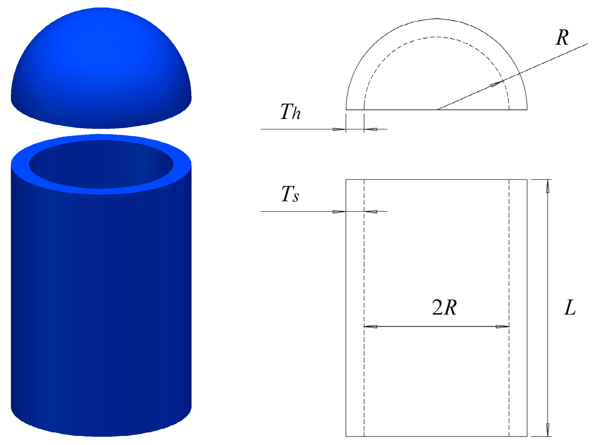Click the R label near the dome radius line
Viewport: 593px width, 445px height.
point(562,38)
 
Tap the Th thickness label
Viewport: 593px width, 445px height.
point(290,112)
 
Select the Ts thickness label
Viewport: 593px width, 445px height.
point(290,194)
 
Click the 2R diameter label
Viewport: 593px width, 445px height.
point(444,307)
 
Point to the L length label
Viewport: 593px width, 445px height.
point(570,308)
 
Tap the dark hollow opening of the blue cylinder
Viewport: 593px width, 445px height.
point(101,164)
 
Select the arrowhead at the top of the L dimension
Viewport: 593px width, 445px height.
point(548,186)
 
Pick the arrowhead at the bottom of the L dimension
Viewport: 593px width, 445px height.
point(548,430)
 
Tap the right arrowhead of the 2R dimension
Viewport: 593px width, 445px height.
point(502,327)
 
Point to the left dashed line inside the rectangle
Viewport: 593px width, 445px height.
point(364,277)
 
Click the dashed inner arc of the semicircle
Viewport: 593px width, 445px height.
point(437,37)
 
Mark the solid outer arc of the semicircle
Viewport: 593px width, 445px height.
point(437,19)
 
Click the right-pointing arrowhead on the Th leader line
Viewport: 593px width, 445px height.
point(339,129)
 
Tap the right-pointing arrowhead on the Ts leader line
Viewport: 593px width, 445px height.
point(339,212)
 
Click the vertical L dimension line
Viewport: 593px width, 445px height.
point(548,257)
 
